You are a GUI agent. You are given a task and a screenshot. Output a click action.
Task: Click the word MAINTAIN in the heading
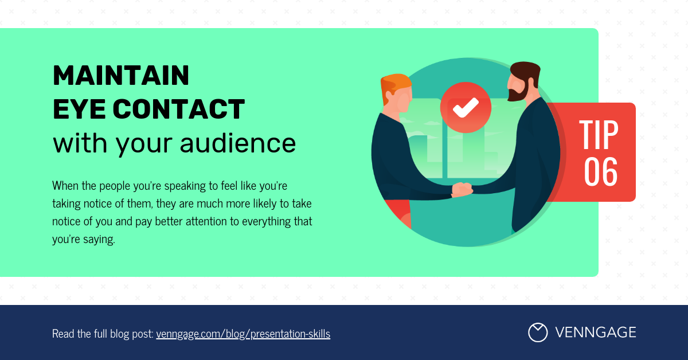tap(121, 75)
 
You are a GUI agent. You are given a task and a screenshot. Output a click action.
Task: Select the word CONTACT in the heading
tap(179, 109)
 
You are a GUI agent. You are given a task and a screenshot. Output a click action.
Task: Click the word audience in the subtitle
tap(238, 143)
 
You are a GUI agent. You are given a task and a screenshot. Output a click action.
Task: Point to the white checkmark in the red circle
tap(466, 108)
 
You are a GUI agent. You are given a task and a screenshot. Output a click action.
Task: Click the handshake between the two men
tap(462, 189)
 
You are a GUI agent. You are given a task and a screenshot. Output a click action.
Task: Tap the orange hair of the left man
tap(395, 85)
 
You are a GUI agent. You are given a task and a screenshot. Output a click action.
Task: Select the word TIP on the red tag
tap(599, 135)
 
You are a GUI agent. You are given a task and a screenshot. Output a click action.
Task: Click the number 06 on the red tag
tap(600, 172)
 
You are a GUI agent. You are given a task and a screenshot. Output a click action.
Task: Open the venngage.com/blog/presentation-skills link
tap(243, 334)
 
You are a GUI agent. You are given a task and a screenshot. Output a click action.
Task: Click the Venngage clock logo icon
tap(538, 332)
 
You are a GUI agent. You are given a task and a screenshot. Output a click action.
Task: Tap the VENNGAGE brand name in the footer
tap(596, 332)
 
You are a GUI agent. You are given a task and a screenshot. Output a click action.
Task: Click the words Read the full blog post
tap(103, 334)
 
